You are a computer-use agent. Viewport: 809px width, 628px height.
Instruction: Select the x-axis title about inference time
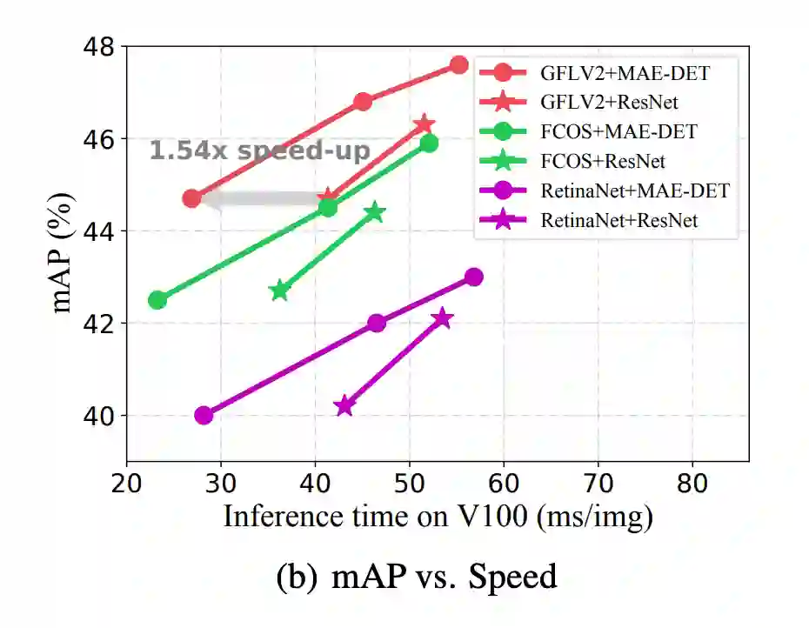tap(438, 517)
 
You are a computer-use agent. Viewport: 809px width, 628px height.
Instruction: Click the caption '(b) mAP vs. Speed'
tap(417, 577)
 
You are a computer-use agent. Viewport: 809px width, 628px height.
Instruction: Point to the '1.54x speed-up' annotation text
tap(259, 150)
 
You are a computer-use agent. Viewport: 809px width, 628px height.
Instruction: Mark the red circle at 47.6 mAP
tap(459, 64)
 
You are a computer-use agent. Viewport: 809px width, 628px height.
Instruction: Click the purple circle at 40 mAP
tap(204, 416)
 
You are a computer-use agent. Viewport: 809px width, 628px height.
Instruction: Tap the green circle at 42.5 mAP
tap(157, 300)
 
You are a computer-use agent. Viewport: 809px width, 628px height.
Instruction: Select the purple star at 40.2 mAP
tap(344, 406)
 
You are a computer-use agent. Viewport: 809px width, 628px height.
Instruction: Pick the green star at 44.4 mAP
tap(375, 212)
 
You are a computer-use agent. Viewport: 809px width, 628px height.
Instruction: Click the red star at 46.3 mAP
tap(424, 124)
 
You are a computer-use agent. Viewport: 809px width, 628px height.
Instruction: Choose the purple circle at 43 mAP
tap(474, 277)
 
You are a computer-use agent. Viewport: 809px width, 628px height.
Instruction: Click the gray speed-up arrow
tap(261, 198)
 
